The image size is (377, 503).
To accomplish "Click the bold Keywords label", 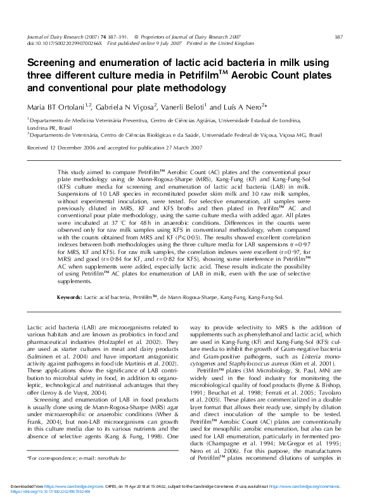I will (x=70, y=296).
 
